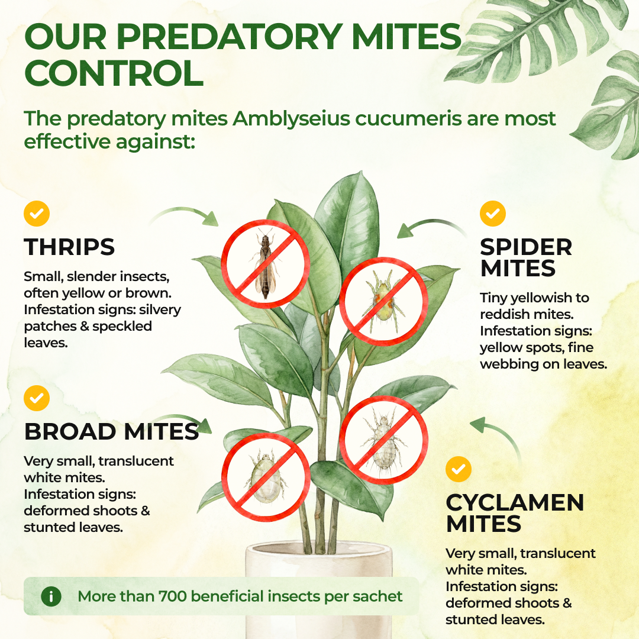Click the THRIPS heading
point(69,247)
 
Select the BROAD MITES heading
point(112,431)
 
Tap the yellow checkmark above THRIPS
point(37,214)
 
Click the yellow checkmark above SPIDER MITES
point(493,214)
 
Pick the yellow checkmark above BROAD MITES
point(37,398)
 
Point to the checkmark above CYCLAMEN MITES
point(459,469)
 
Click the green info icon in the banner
point(51,596)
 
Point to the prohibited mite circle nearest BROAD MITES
point(266,477)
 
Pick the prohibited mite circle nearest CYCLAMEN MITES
point(383,440)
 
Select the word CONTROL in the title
point(114,73)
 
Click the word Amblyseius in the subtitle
point(291,119)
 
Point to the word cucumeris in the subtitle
point(409,119)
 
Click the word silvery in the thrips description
point(160,310)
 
